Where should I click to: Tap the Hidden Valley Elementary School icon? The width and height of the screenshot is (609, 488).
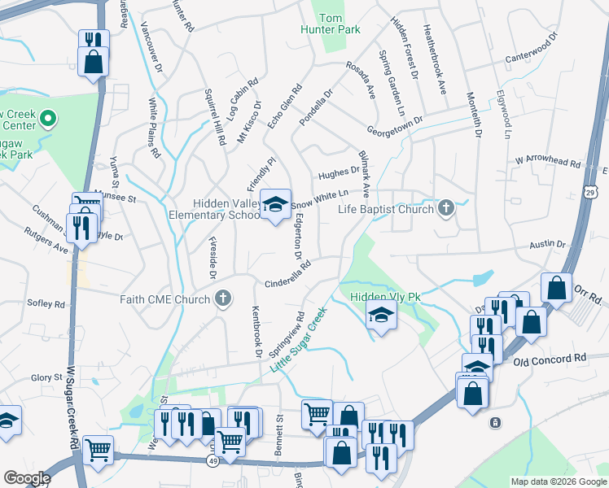[275, 207]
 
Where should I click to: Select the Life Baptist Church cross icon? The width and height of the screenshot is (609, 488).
[445, 209]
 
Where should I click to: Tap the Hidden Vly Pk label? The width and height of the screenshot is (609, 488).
[384, 298]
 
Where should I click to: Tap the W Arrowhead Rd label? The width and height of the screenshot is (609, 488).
[546, 162]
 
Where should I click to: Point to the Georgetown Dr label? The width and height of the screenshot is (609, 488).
[396, 126]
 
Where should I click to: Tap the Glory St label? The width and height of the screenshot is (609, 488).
[46, 377]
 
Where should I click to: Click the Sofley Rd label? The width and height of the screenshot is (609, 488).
[48, 304]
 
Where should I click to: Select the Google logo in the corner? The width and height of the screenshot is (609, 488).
[26, 478]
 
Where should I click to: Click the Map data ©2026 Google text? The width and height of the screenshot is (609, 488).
[558, 481]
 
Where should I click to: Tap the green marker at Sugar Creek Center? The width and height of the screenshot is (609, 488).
[48, 120]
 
